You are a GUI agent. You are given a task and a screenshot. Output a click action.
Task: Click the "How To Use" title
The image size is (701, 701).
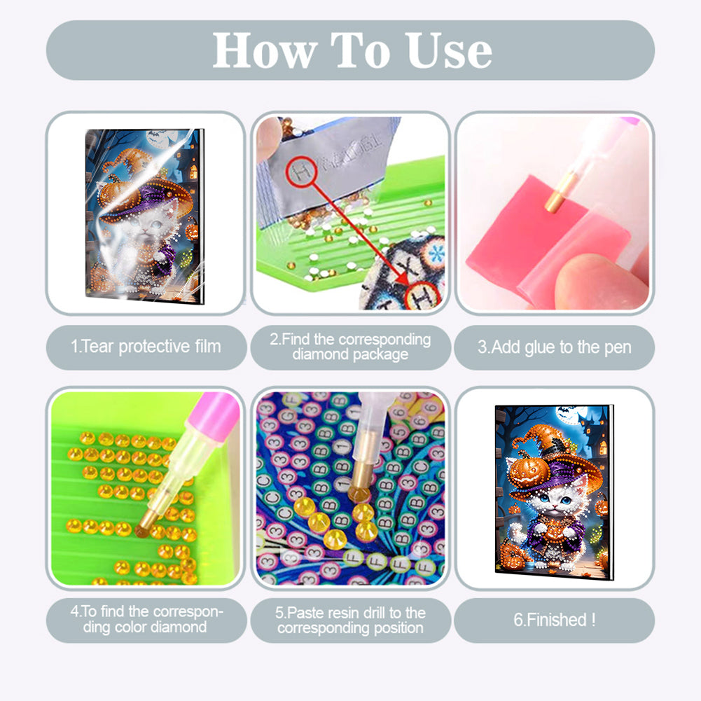[x=352, y=50]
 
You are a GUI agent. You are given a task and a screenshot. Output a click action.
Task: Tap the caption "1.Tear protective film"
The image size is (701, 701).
[x=146, y=346]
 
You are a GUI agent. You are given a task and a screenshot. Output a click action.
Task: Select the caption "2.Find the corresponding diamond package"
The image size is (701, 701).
[x=350, y=347]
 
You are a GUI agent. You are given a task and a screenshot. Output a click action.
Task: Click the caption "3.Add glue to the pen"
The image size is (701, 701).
[x=554, y=346]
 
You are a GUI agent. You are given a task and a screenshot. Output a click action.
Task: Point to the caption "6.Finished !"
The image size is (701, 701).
[x=554, y=619]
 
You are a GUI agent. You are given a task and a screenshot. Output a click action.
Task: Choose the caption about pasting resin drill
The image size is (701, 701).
[x=350, y=620]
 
